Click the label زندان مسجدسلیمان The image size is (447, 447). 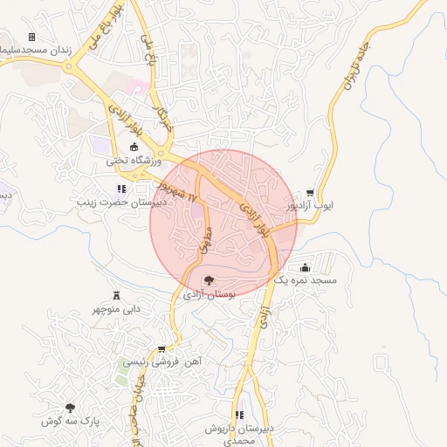(35, 51)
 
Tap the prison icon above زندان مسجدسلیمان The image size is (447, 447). (32, 37)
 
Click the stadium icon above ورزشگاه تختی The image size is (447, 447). (134, 147)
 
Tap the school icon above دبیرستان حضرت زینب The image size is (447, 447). (120, 188)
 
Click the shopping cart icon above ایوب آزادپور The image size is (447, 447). (311, 192)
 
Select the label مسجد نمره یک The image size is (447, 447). (305, 281)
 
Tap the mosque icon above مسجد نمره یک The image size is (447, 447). (304, 267)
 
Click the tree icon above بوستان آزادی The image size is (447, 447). (209, 281)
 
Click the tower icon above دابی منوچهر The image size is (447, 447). (118, 294)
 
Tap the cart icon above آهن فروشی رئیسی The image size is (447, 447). (162, 349)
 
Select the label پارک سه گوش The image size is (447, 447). (71, 422)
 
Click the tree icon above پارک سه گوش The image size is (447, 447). (70, 408)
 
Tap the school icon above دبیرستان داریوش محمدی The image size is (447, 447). (238, 415)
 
